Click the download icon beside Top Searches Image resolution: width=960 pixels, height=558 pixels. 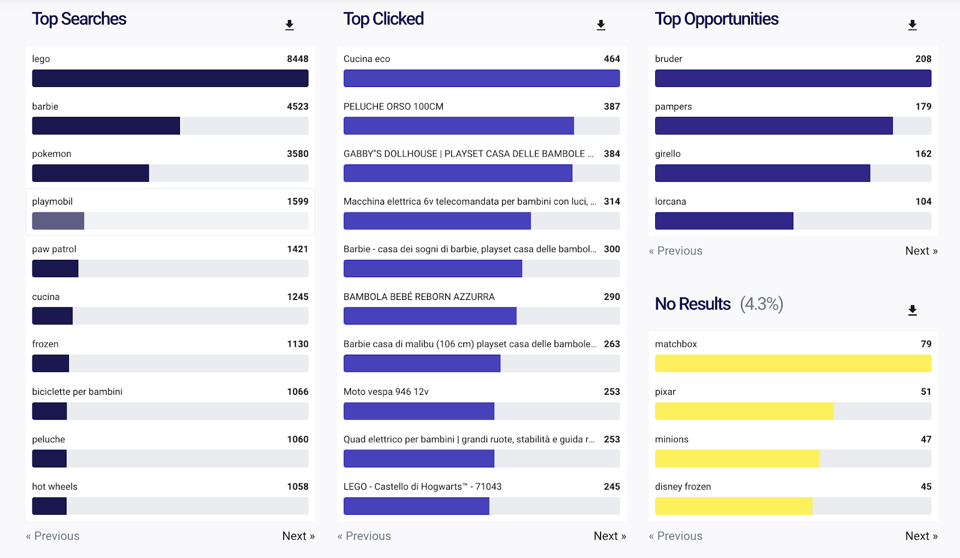pos(289,25)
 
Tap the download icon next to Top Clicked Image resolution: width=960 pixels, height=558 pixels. pos(601,25)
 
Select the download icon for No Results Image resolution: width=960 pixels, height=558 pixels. pos(912,310)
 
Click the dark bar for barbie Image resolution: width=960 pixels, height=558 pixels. pos(106,126)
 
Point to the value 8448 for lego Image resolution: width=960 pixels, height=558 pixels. pos(298,59)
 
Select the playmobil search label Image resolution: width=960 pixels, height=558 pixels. pos(52,202)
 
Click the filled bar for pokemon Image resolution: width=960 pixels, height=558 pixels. pos(90,173)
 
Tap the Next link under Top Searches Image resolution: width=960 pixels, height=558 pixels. pos(298,536)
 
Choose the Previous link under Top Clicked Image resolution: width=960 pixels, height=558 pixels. pos(364,536)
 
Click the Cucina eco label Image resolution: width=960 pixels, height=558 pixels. pos(367,59)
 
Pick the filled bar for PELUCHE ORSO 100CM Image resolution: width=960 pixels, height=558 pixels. pos(458,126)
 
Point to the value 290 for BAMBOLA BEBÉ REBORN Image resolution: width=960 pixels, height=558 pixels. pos(612,297)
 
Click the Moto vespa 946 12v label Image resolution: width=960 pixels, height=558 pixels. pos(386,392)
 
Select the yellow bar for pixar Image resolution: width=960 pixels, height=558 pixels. pos(744,411)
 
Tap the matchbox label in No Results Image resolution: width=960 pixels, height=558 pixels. pos(676,344)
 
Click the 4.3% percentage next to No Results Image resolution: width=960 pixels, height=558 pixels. pos(761,304)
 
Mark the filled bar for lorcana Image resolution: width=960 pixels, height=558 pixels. pos(724,221)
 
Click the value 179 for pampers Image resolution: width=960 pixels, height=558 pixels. pos(923,107)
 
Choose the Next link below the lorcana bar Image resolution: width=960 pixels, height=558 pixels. pos(921,251)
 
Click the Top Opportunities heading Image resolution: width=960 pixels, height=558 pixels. pos(716,19)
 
